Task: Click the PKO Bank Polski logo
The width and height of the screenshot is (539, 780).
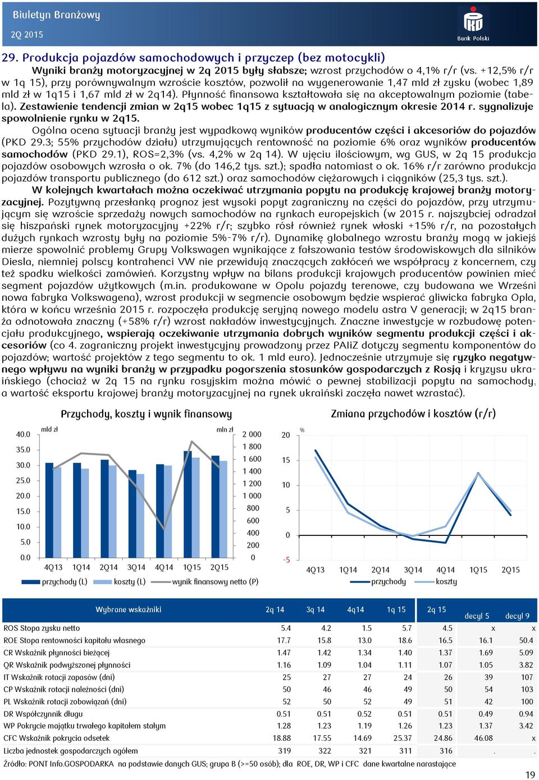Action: pyautogui.click(x=473, y=24)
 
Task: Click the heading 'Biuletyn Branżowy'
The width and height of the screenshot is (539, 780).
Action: pyautogui.click(x=56, y=15)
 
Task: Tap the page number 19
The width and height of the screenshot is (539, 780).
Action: pyautogui.click(x=530, y=774)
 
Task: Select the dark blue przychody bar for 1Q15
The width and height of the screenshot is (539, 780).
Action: pyautogui.click(x=188, y=504)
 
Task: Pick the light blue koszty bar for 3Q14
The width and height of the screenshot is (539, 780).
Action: pyautogui.click(x=140, y=516)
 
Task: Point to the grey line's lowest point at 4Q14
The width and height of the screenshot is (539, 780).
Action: pyautogui.click(x=164, y=529)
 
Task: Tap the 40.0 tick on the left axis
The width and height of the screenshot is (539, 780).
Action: pyautogui.click(x=23, y=434)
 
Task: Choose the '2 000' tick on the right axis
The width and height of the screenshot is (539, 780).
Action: pyautogui.click(x=252, y=434)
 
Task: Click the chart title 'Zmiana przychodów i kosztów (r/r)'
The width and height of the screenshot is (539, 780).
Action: pyautogui.click(x=413, y=414)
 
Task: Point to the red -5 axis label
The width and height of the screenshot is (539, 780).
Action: pyautogui.click(x=286, y=560)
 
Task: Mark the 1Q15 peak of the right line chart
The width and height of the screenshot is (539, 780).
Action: pyautogui.click(x=478, y=474)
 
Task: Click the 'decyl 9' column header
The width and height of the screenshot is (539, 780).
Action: pyautogui.click(x=517, y=616)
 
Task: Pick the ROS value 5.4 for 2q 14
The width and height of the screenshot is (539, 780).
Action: pyautogui.click(x=286, y=628)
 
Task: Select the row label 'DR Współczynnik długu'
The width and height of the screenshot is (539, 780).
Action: pyautogui.click(x=43, y=714)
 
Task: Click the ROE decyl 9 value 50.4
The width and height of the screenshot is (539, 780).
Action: pyautogui.click(x=526, y=640)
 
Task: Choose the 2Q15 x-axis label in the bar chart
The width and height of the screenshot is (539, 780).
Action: pyautogui.click(x=219, y=567)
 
